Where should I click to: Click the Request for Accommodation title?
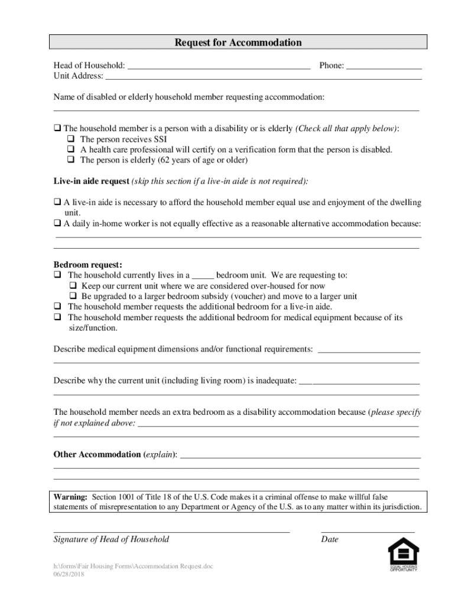(x=238, y=43)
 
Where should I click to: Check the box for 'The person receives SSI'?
(x=70, y=139)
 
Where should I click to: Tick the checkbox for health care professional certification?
(x=70, y=150)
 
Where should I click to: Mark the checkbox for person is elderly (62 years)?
(x=70, y=160)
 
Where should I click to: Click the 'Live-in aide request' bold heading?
(x=91, y=181)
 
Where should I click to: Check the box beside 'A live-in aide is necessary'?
(x=57, y=203)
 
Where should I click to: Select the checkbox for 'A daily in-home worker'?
(x=57, y=224)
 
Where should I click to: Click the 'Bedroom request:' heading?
(x=88, y=265)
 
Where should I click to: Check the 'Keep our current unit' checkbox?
(x=73, y=286)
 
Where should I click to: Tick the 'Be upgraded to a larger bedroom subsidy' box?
(x=73, y=297)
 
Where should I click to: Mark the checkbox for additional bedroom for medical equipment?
(x=57, y=317)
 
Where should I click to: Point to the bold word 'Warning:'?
(x=70, y=497)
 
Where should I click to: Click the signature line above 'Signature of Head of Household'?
(x=171, y=531)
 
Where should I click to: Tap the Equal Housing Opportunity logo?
(x=403, y=554)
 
